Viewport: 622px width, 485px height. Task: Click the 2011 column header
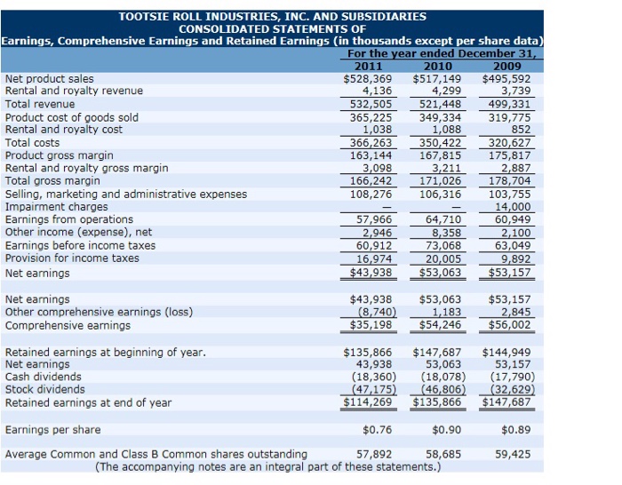coord(369,66)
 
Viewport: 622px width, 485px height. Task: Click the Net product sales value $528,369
coord(369,78)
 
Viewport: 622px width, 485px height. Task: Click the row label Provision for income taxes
coord(72,258)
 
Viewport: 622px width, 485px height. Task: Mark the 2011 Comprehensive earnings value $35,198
coord(369,325)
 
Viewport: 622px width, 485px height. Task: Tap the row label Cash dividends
coord(44,377)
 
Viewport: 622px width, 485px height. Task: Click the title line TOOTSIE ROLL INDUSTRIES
coord(272,16)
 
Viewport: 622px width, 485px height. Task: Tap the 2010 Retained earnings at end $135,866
coord(437,402)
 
